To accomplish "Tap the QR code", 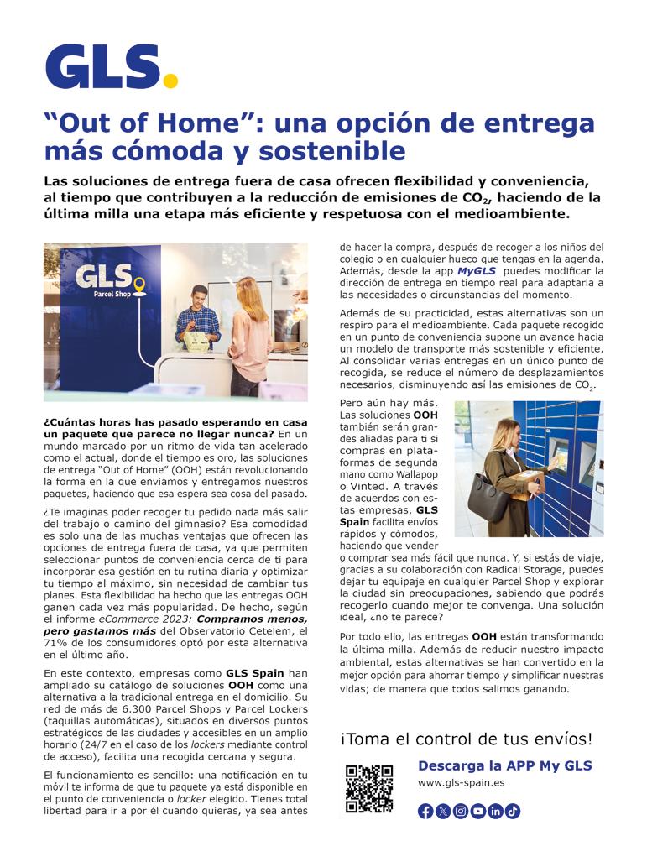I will pyautogui.click(x=369, y=788).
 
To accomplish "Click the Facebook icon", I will pyautogui.click(x=425, y=811).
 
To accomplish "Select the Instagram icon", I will pyautogui.click(x=461, y=811).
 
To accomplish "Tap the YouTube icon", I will pyautogui.click(x=478, y=811).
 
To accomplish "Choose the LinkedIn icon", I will pyautogui.click(x=496, y=811).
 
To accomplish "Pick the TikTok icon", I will pyautogui.click(x=513, y=811).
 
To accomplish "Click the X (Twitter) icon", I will pyautogui.click(x=443, y=811).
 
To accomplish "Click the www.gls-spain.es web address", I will pyautogui.click(x=461, y=783).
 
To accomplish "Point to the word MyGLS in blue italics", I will pyautogui.click(x=476, y=272).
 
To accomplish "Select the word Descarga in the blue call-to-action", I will pyautogui.click(x=451, y=765).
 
